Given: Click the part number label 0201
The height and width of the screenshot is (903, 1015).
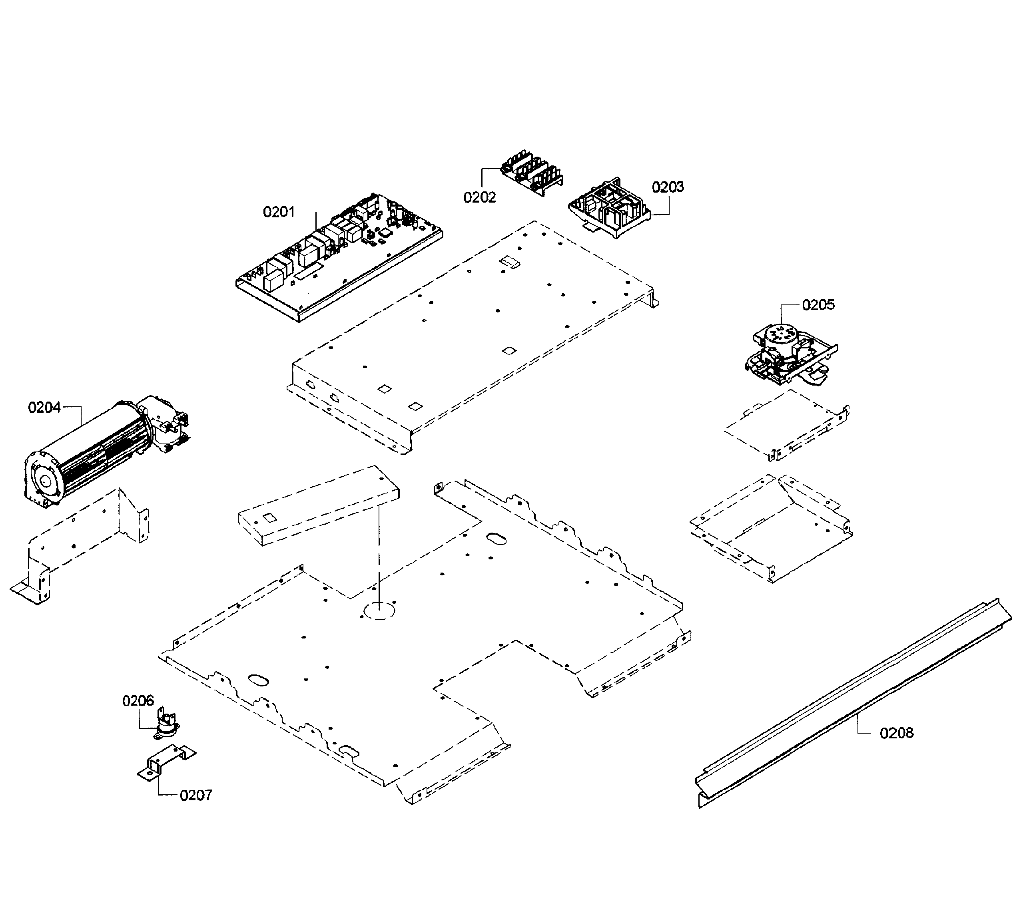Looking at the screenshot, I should pyautogui.click(x=279, y=212).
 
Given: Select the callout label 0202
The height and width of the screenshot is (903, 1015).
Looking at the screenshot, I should pyautogui.click(x=479, y=197).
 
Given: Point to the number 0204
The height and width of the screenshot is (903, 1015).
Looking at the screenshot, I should pyautogui.click(x=44, y=408).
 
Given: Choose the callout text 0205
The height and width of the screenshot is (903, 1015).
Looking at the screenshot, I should pyautogui.click(x=818, y=305).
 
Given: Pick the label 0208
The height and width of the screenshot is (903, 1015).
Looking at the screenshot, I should pyautogui.click(x=896, y=733).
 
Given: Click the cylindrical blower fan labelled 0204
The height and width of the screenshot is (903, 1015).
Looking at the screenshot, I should pyautogui.click(x=99, y=452).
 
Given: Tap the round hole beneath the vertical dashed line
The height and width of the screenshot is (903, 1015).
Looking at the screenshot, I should pyautogui.click(x=379, y=611).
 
